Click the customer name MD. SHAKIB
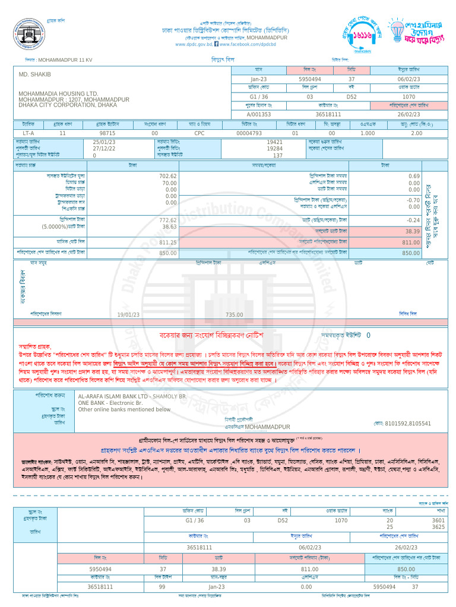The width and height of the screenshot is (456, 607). click(35, 74)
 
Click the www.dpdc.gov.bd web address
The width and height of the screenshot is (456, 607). click(194, 44)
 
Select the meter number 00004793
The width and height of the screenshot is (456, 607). click(249, 133)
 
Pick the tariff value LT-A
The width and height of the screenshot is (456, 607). click(28, 133)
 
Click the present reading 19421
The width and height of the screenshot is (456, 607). click(274, 142)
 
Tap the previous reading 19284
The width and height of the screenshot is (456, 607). click(274, 149)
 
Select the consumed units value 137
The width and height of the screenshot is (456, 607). click(278, 155)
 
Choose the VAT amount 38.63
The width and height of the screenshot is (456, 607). click(169, 226)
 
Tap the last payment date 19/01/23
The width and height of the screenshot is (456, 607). click(129, 315)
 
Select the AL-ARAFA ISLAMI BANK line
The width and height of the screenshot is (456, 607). click(132, 395)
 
